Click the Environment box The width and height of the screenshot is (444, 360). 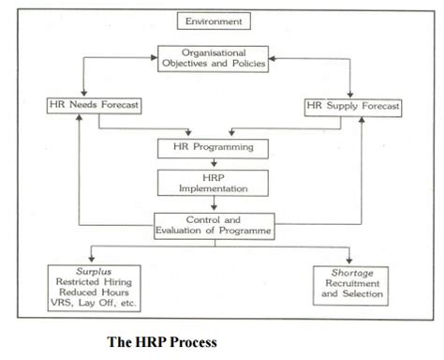[216, 20]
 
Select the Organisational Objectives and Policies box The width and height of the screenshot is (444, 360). [217, 59]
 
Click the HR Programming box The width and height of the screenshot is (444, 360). [217, 147]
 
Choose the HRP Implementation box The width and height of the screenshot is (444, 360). [217, 182]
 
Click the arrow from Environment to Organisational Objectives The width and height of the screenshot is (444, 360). [216, 36]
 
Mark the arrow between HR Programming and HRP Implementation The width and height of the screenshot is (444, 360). [217, 162]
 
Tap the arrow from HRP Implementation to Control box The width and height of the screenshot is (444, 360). [217, 203]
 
